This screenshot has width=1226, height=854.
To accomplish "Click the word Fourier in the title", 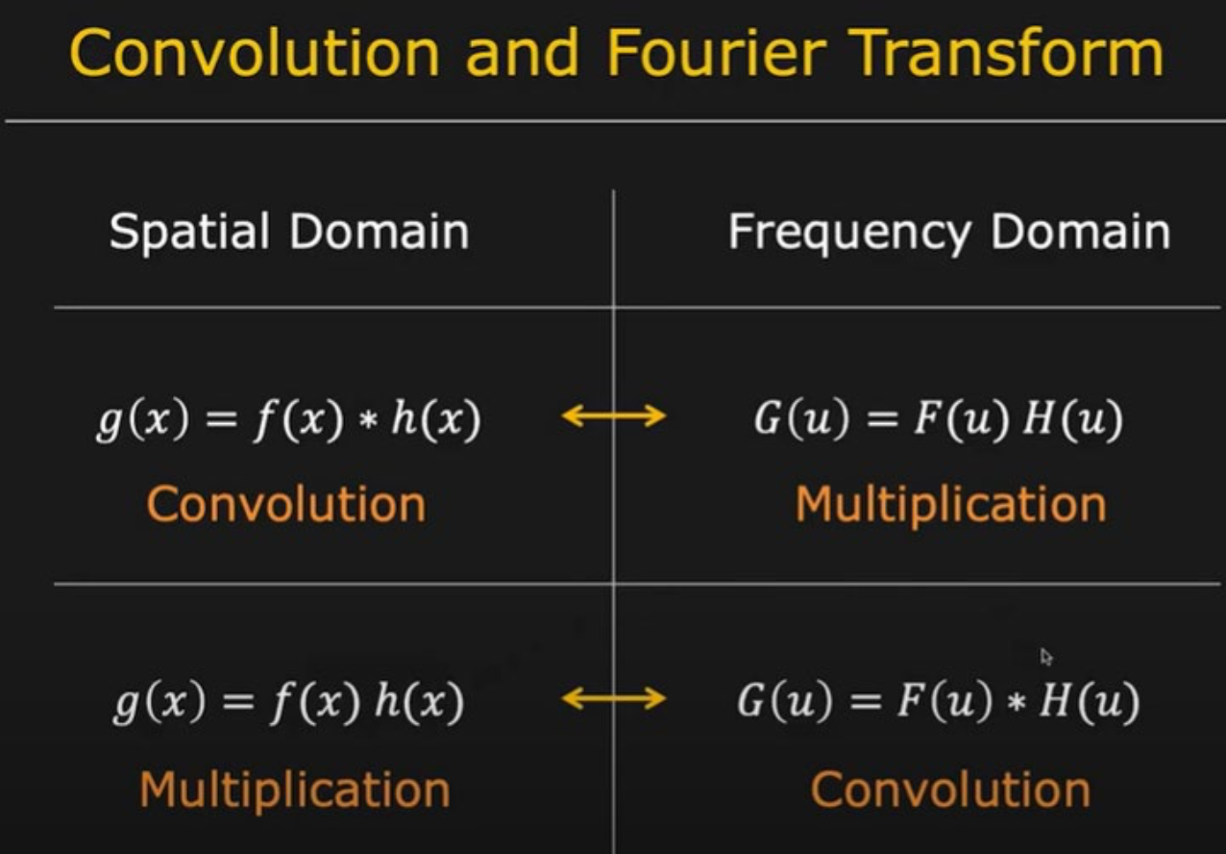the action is click(x=716, y=52).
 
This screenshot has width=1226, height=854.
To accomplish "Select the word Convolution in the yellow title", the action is click(x=255, y=52).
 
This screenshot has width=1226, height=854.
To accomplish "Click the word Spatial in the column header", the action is click(x=189, y=232).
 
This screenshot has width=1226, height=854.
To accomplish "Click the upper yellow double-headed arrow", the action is click(x=614, y=415).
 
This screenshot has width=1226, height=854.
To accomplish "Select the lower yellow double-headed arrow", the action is click(x=614, y=698).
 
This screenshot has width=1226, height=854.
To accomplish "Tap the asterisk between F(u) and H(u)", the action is click(x=1017, y=703).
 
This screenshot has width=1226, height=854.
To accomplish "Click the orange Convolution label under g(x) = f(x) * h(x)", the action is click(x=286, y=505).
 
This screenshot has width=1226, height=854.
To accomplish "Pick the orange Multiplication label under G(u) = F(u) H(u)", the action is click(x=950, y=505).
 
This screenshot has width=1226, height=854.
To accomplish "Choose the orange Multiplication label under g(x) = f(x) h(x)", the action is click(x=295, y=790).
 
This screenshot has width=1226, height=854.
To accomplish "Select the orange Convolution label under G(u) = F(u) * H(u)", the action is click(x=950, y=790).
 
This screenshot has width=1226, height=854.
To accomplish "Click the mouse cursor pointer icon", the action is click(x=1046, y=657).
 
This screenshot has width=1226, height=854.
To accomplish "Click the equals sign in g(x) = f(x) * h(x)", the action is click(x=221, y=420).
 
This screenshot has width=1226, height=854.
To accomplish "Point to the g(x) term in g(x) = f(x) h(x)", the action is click(x=159, y=702).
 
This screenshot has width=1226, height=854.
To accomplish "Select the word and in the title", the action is click(x=522, y=52).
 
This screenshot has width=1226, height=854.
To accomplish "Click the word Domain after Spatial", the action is click(x=379, y=232).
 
